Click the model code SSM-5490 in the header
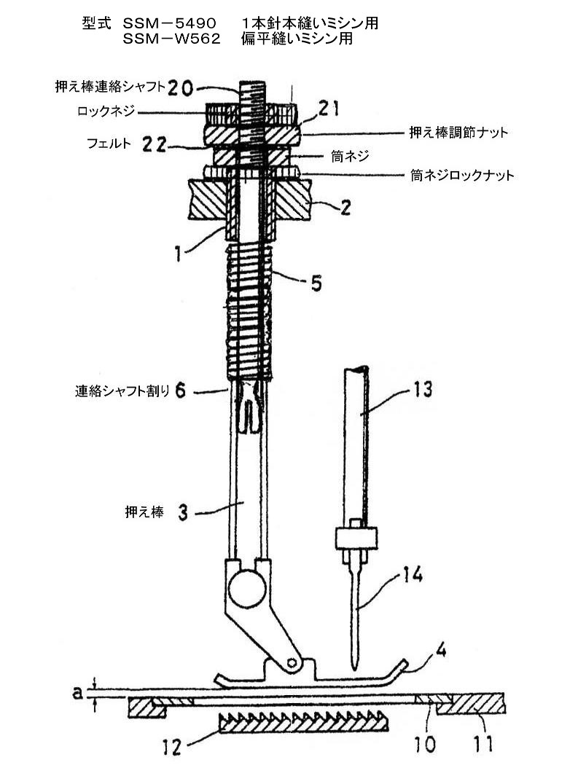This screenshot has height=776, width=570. (169, 23)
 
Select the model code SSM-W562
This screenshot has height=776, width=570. (171, 39)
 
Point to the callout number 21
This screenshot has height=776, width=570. (328, 109)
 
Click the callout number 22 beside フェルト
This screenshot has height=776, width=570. (154, 144)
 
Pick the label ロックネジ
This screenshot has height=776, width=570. (106, 111)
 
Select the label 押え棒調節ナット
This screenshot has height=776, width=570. (458, 132)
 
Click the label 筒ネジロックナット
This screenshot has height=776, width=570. (462, 175)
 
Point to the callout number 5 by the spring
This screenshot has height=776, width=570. (316, 283)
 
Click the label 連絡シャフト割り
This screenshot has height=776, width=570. (122, 391)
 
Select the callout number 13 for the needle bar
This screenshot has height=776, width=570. (422, 390)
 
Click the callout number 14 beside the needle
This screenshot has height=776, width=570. (412, 575)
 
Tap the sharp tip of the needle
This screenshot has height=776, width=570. (354, 670)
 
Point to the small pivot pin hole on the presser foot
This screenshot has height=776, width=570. (292, 662)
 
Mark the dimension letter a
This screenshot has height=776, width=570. (77, 693)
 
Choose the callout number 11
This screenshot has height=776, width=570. (483, 744)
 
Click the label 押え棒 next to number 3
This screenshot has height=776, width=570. (144, 512)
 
